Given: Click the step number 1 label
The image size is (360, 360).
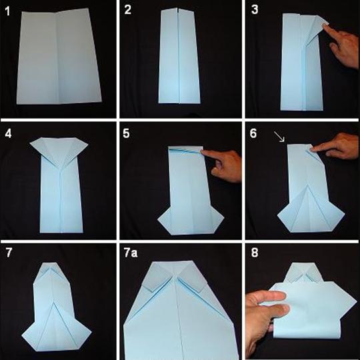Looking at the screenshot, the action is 7,11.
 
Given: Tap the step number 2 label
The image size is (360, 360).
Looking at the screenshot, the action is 127,10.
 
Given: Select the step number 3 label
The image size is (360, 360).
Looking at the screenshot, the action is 255,9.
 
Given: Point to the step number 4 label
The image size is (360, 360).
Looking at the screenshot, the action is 8,133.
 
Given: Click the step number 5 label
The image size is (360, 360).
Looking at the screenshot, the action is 126,133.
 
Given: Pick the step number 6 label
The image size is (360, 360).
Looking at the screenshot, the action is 253,133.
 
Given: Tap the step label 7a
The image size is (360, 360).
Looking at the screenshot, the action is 131,253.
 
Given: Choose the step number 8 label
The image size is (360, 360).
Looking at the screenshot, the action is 255,253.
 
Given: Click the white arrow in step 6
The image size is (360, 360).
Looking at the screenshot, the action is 279,137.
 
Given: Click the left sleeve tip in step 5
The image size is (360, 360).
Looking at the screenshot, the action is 158,219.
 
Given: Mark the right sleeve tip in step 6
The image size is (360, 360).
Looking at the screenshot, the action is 345,214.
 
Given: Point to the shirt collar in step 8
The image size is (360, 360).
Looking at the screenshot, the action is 303,273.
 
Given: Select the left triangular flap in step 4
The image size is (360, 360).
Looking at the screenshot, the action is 43,149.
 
